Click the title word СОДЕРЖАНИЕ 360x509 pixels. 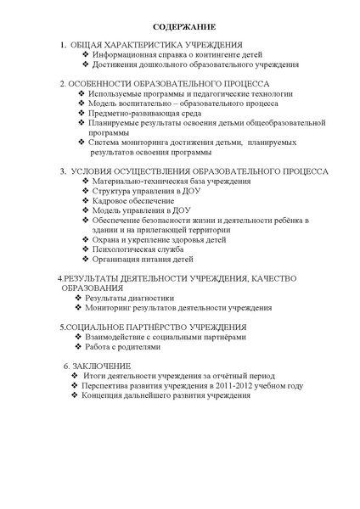[x=179, y=26]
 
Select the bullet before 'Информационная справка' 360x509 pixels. [x=86, y=54]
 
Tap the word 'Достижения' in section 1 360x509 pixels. [x=116, y=64]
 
